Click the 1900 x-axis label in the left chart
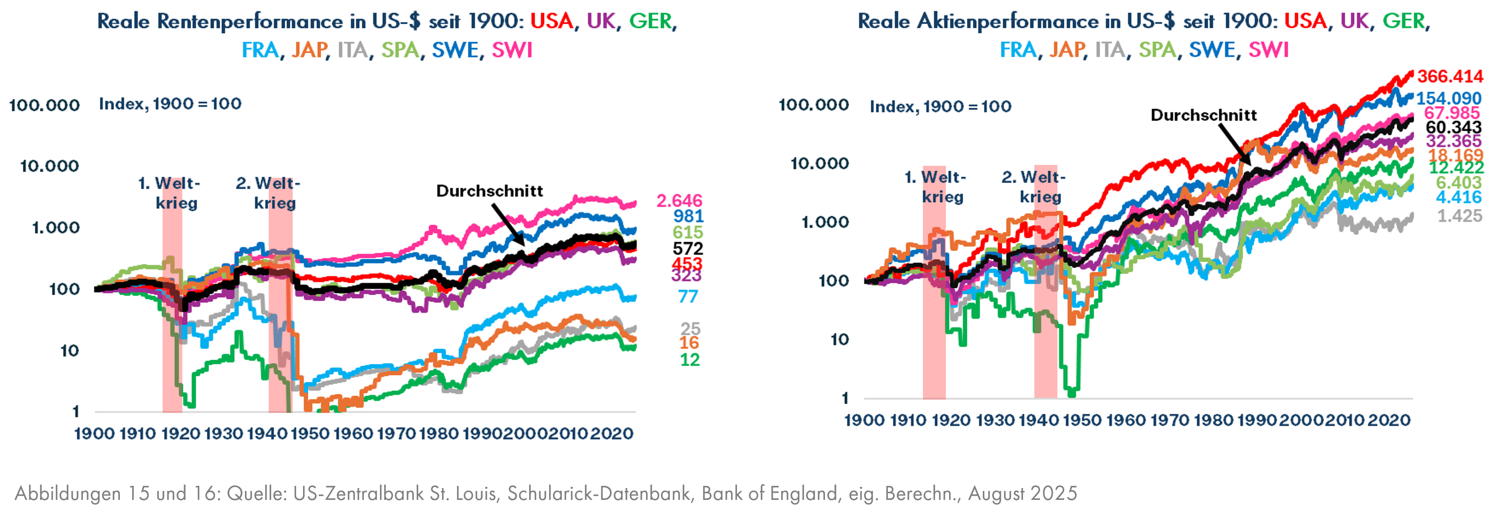click(x=95, y=434)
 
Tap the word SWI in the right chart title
click(x=1268, y=50)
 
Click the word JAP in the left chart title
click(x=309, y=50)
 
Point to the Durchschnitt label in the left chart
click(x=490, y=191)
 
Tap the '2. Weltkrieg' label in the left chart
click(x=269, y=193)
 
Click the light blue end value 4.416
click(x=1459, y=197)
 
